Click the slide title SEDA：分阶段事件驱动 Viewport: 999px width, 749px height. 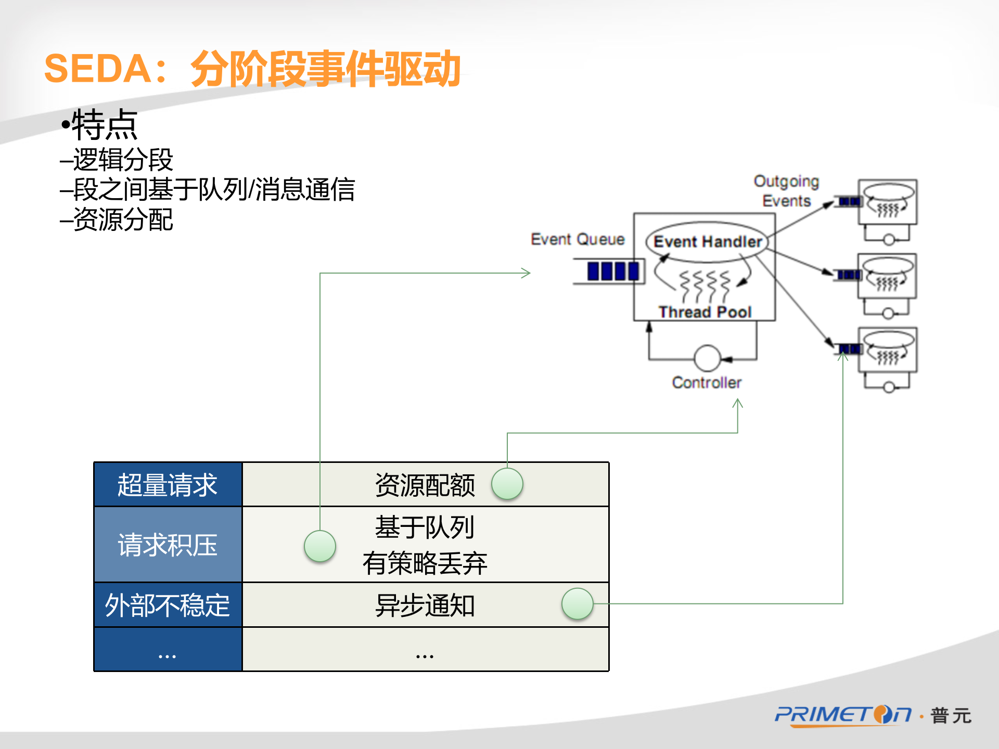(252, 69)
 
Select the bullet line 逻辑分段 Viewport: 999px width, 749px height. (122, 160)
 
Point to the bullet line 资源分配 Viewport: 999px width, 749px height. (122, 219)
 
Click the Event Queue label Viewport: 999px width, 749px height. (578, 239)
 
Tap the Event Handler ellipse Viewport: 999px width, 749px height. (707, 241)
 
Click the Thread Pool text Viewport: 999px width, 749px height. (705, 312)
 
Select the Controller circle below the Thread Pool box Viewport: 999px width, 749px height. (707, 358)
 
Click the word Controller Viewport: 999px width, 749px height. (707, 383)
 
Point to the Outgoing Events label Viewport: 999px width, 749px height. (786, 191)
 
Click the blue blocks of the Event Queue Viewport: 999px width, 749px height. (612, 271)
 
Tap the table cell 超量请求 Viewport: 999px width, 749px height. (168, 485)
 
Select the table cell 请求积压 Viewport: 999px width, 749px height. (168, 545)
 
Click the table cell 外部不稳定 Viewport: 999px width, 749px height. (168, 605)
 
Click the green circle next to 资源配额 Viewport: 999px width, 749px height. (507, 484)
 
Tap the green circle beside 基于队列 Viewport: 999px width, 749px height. (319, 546)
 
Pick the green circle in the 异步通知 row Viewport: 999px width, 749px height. (577, 604)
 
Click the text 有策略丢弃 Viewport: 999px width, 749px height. (425, 563)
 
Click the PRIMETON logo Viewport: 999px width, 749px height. (843, 715)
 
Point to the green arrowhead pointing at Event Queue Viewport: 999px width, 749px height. (527, 273)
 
